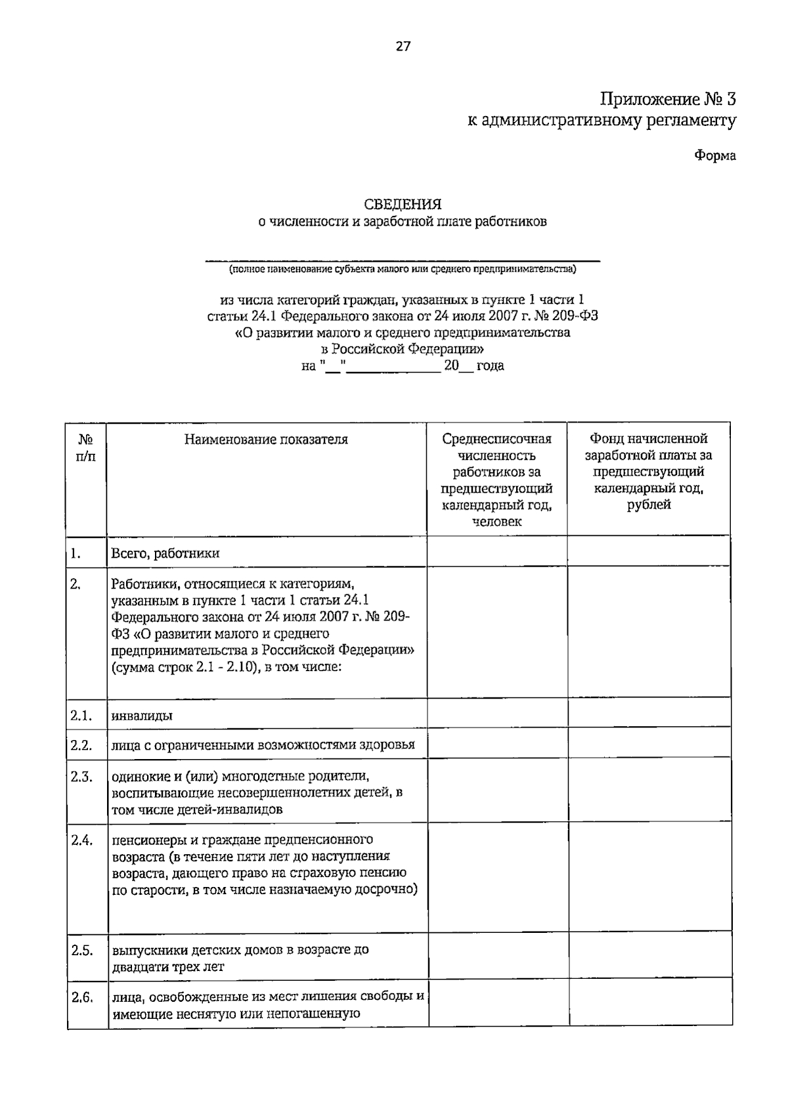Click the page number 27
403,46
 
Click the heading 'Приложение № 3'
667,99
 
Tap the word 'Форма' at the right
715,155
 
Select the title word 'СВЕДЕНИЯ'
403,205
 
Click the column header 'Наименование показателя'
266,440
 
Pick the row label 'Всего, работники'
165,553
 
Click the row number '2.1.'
81,715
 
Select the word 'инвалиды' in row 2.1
142,716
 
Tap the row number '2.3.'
81,777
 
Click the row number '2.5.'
81,950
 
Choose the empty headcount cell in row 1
496,551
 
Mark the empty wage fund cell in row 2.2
649,743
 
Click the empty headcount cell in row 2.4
498,876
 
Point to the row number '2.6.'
81,997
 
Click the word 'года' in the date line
490,366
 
